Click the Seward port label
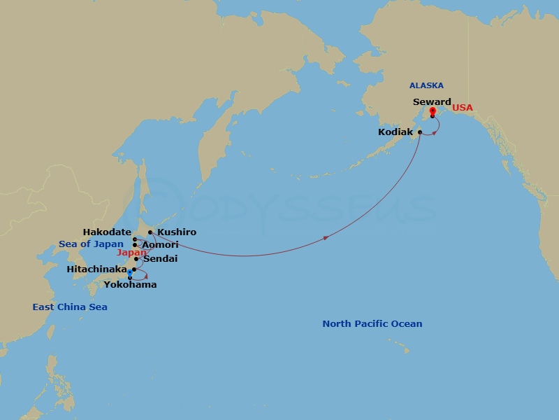coord(432,101)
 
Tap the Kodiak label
coord(395,132)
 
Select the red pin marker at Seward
coord(433,111)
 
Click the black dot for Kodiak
coord(420,132)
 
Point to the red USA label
coord(462,108)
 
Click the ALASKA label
coord(426,85)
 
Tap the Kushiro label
coord(177,232)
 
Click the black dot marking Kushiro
coord(150,232)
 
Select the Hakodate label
coord(107,232)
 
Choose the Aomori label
coord(160,245)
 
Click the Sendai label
coord(160,259)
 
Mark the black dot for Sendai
coord(136,259)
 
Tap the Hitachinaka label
coord(96,269)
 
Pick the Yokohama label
coord(130,285)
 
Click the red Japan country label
coord(132,253)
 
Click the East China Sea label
coord(70,307)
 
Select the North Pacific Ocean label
coord(372,324)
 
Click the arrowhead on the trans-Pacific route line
coord(326,239)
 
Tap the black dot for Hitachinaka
coord(133,269)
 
